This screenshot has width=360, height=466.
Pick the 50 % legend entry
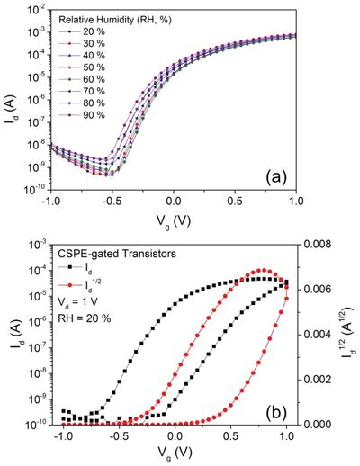tap(86, 67)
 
